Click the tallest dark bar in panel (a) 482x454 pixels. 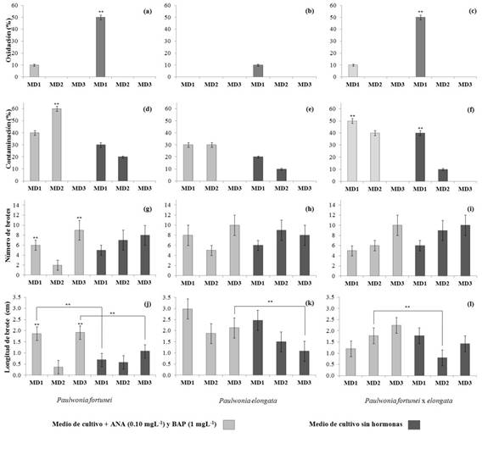[100, 47]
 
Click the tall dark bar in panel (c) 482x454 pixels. [420, 47]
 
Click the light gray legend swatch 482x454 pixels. [230, 422]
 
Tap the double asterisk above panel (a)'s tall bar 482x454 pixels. [100, 12]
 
